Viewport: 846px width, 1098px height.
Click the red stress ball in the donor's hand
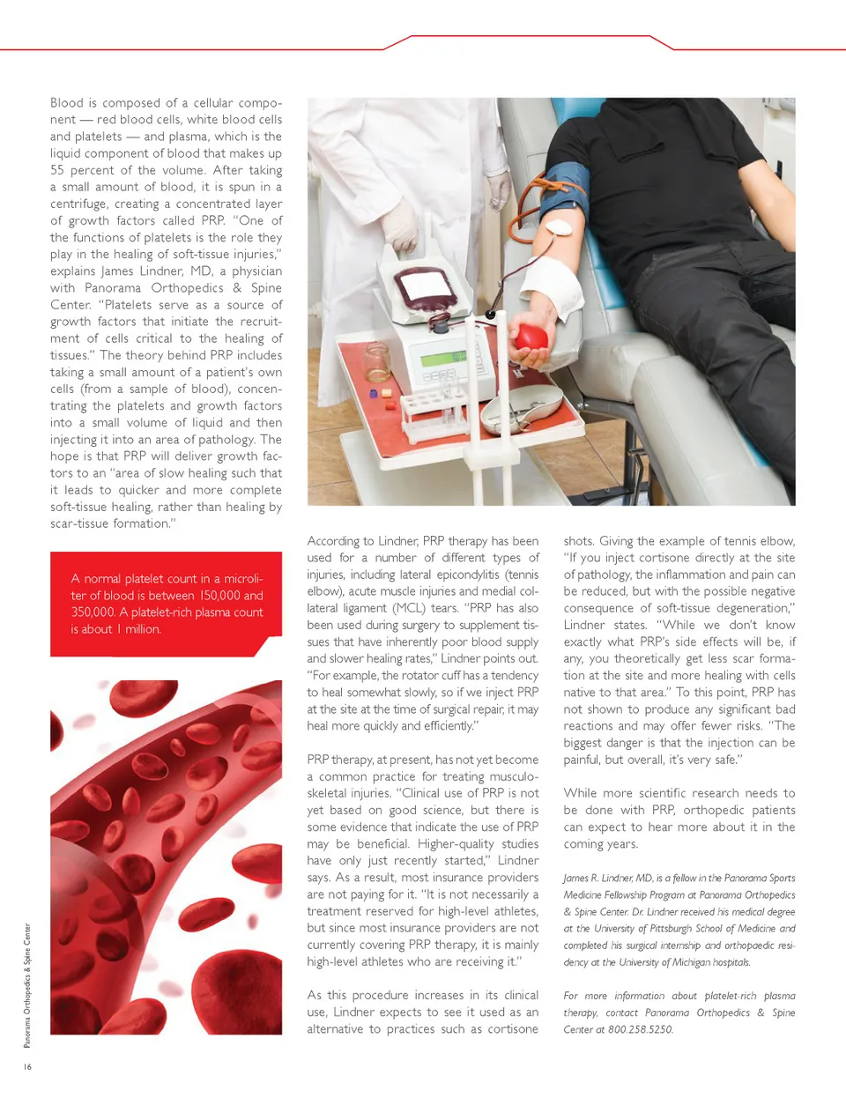coord(531,338)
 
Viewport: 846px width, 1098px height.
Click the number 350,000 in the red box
coord(93,612)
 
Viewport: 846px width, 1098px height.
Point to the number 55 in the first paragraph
coord(57,170)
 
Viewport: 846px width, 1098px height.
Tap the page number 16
coord(27,1066)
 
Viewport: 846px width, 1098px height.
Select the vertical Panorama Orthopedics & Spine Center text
coord(27,985)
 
